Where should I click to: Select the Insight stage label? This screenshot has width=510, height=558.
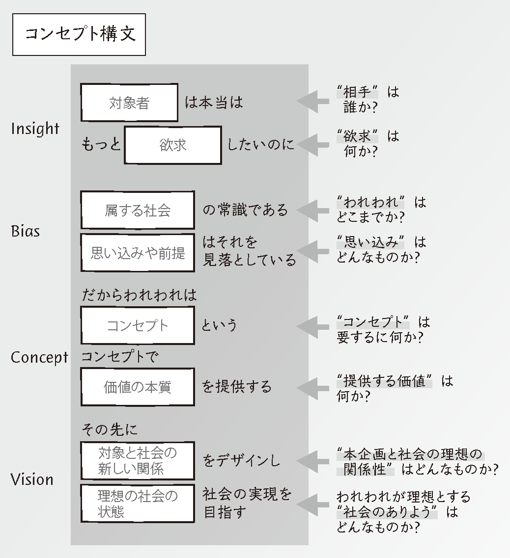pos(35,129)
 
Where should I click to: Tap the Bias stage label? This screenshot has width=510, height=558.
pos(25,231)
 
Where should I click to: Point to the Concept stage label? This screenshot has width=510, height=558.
pos(39,357)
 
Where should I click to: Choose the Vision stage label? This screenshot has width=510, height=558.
pos(32,479)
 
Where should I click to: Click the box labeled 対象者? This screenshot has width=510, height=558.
pos(129,103)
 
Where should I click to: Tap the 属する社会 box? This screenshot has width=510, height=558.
pos(138,210)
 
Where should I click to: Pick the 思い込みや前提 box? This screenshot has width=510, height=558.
pos(138,252)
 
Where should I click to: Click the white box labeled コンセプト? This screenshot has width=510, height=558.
pos(138,325)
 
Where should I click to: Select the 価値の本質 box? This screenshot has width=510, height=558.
pos(138,387)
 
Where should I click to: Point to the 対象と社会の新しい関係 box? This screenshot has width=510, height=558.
pos(138,460)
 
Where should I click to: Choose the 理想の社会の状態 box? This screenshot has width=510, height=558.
pos(138,504)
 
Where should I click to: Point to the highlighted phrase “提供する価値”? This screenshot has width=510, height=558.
pos(385,381)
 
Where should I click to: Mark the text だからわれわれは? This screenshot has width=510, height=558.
pos(139,295)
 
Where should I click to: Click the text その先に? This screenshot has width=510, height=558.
pos(110,429)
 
